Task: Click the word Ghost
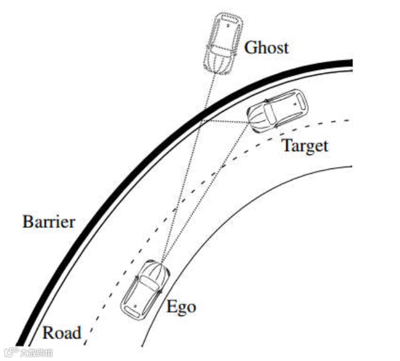coord(266,47)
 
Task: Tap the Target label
coord(305,146)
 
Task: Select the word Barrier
coord(49,222)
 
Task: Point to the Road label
coord(61,333)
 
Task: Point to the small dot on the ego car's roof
coord(135,306)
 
